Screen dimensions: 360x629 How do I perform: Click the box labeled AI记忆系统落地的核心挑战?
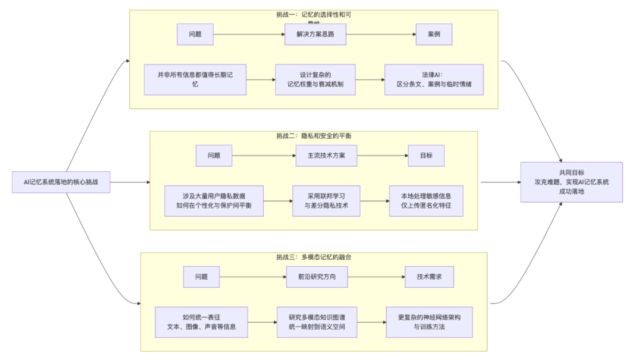61,182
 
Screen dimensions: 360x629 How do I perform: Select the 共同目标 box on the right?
571,182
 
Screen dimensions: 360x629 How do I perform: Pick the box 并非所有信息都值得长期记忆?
195,80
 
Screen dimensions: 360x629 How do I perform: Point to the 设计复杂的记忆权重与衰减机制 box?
315,79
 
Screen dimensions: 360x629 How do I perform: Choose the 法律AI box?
433,79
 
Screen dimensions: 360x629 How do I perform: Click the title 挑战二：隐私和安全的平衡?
313,136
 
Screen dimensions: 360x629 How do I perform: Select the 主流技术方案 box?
324,156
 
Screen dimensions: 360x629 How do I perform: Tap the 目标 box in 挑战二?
426,156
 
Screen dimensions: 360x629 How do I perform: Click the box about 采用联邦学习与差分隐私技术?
326,201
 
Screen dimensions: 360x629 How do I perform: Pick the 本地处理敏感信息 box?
426,201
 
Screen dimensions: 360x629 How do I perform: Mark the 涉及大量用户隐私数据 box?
214,201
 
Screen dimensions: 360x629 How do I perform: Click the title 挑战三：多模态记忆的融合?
313,257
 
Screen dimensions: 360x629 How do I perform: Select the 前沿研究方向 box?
316,277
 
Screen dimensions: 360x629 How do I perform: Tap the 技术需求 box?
429,277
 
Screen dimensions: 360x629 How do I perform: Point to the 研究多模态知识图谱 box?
317,322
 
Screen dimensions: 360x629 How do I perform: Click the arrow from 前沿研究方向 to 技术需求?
376,277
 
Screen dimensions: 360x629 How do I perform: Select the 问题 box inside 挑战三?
202,277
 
